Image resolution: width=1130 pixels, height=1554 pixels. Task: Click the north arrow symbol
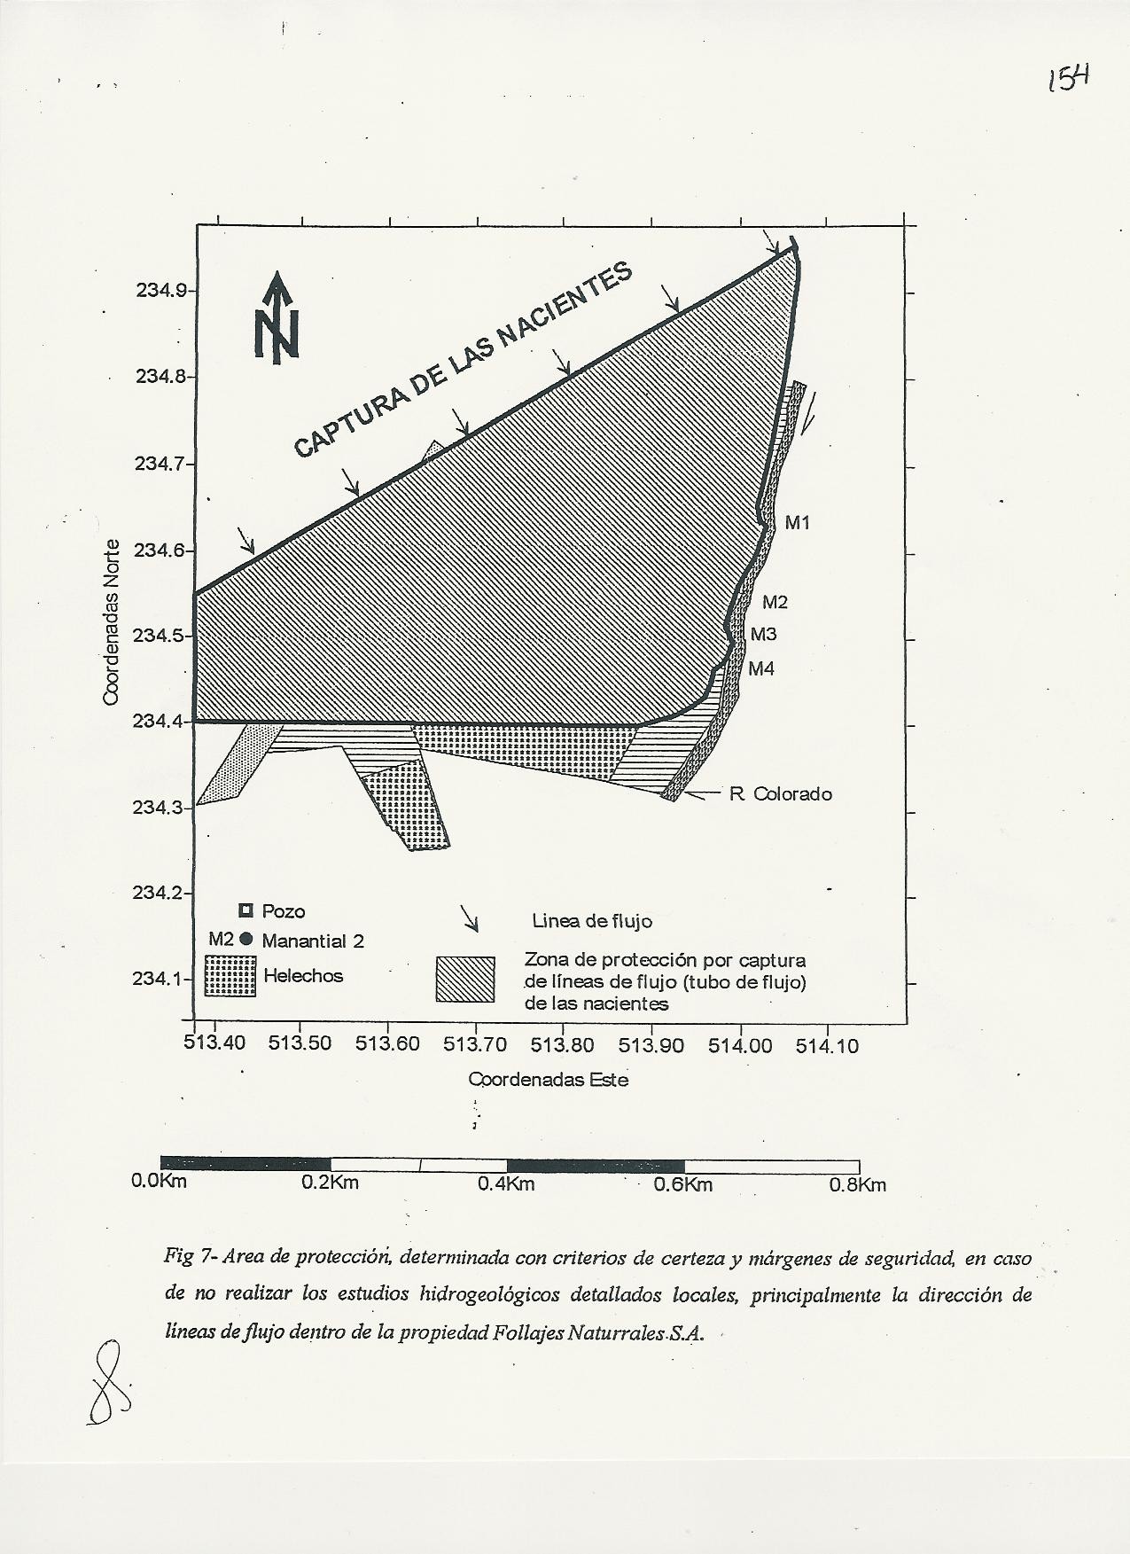tap(277, 318)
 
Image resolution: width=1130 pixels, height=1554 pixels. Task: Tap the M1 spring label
tap(798, 523)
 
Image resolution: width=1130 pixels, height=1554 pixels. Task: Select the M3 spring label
tap(763, 635)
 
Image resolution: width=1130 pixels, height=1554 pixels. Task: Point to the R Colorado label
tap(780, 794)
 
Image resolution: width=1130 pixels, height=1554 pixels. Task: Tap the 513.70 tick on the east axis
tap(475, 1045)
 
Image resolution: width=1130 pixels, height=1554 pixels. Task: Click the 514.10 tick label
tap(827, 1046)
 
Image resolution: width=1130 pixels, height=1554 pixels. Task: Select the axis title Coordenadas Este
tap(548, 1080)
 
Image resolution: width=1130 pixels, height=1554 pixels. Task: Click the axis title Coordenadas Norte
tap(111, 622)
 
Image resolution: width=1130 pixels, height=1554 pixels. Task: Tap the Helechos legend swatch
tap(230, 976)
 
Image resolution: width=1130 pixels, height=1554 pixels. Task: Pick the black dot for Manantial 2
tap(247, 940)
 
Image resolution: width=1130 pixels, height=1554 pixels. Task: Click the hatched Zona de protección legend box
tap(465, 980)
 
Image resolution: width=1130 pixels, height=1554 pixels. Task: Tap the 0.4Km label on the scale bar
tap(506, 1184)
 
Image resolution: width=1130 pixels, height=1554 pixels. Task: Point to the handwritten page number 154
tap(1068, 79)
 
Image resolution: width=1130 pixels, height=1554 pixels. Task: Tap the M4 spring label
tap(760, 669)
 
